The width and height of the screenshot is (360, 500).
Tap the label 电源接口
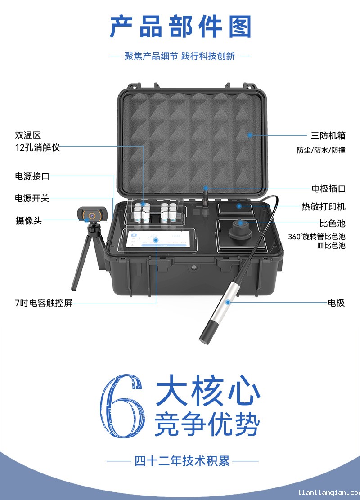click(x=32, y=176)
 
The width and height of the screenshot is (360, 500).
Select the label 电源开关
click(x=32, y=198)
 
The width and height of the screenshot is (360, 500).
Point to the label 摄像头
click(x=29, y=220)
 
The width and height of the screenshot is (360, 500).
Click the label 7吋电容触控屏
click(x=44, y=303)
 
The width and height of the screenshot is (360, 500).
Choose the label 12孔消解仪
click(x=37, y=147)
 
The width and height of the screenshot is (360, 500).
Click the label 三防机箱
click(x=328, y=135)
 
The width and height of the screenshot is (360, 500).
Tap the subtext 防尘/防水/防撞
click(x=321, y=150)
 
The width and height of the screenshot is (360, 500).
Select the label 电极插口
click(x=328, y=188)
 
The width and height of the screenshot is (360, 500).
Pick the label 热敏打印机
click(x=324, y=207)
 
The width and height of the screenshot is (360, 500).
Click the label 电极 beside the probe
click(x=337, y=303)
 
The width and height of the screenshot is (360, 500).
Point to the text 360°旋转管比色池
click(x=317, y=237)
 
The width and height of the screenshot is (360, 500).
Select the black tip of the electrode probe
click(x=207, y=332)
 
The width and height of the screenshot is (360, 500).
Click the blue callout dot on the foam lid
click(x=250, y=135)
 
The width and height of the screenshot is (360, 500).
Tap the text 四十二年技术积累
click(x=182, y=461)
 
